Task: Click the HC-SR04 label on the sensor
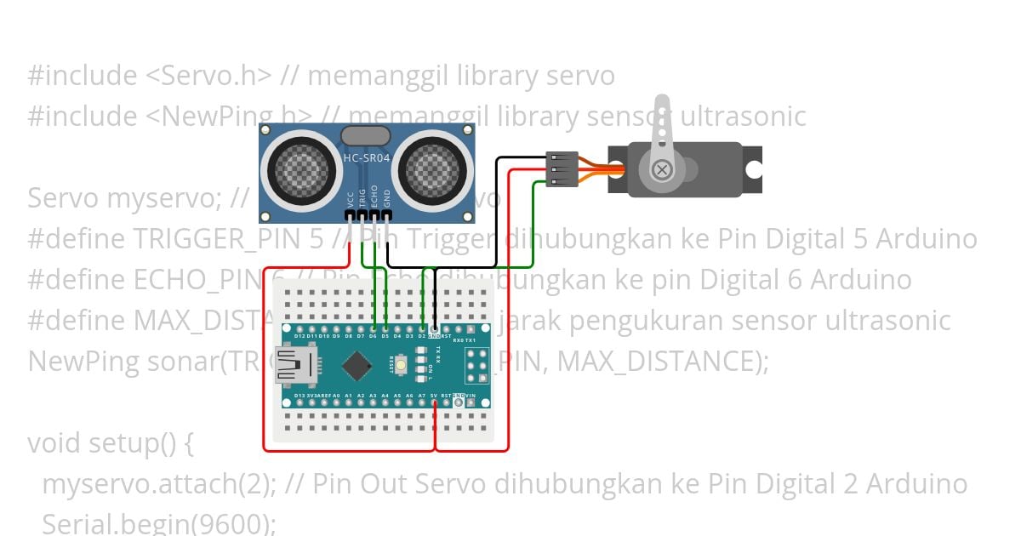367,158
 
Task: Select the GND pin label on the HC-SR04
387,199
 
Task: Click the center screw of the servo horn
662,169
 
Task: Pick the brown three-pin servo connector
562,168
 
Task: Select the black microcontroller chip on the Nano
357,367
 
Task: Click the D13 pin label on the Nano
299,396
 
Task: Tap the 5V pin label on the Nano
434,396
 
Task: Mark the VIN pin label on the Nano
471,396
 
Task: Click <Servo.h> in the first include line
209,76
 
